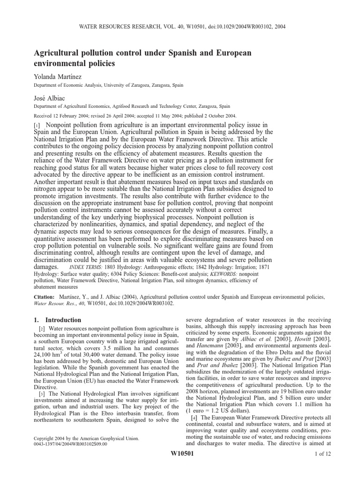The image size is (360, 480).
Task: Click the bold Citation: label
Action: point(45,297)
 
